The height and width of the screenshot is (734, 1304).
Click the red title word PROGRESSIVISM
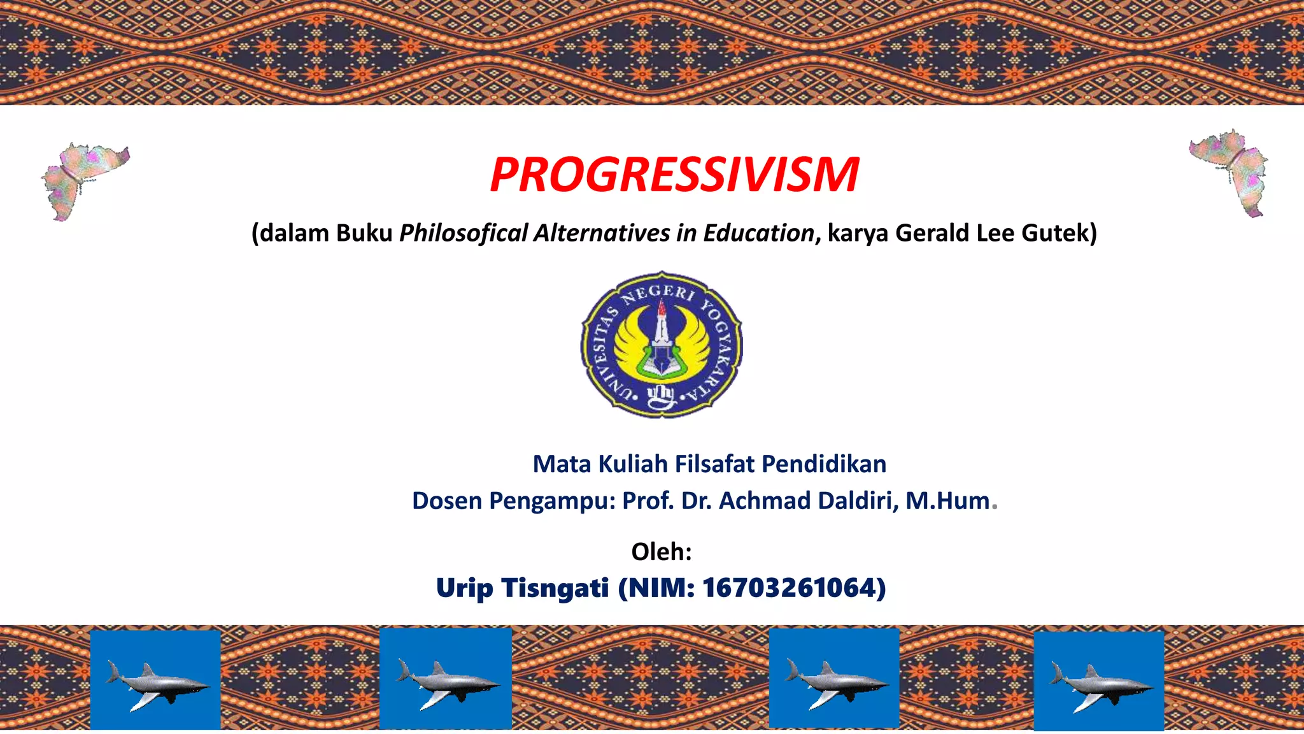[x=674, y=175]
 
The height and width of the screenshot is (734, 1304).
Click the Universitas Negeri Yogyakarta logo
[x=662, y=345]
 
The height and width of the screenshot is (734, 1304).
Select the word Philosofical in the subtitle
[x=464, y=233]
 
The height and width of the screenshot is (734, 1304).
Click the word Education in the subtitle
[x=758, y=233]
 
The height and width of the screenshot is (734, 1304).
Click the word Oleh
[x=660, y=552]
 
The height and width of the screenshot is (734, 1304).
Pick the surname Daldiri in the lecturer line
[x=858, y=501]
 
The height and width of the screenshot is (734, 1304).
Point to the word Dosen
[x=447, y=501]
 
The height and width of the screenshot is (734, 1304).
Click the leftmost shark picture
[x=155, y=680]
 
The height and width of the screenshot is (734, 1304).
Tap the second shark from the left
[x=446, y=679]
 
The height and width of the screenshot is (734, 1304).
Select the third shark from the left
[x=834, y=679]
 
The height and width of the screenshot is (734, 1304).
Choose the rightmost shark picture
[x=1099, y=681]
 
